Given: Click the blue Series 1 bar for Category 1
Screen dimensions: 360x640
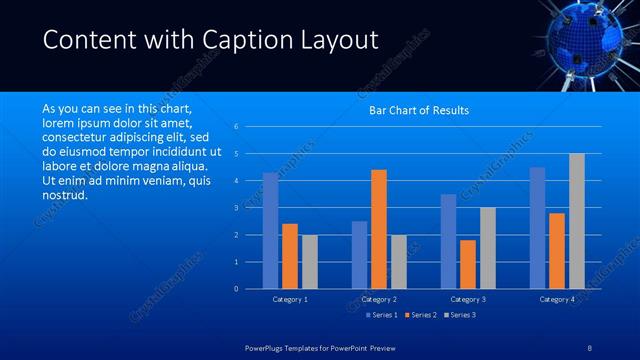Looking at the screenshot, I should pyautogui.click(x=270, y=231).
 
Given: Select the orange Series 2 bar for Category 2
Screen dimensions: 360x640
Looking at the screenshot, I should pyautogui.click(x=379, y=229).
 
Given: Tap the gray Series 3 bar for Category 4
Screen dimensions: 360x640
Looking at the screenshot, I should pyautogui.click(x=577, y=221).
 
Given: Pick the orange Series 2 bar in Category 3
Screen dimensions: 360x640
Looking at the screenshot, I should pyautogui.click(x=468, y=264).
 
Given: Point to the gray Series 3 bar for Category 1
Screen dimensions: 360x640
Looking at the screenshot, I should pyautogui.click(x=310, y=262).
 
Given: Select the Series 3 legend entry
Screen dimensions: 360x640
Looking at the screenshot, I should pyautogui.click(x=460, y=315).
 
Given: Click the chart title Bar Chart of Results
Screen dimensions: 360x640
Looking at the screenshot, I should pyautogui.click(x=419, y=110).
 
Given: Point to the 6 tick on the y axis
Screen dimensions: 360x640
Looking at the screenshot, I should pyautogui.click(x=235, y=127).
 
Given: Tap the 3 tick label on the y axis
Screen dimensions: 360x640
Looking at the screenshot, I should pyautogui.click(x=235, y=208).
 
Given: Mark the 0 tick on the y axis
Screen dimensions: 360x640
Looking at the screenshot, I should pyautogui.click(x=235, y=289).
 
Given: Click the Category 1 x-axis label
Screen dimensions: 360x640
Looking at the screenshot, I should pyautogui.click(x=290, y=299).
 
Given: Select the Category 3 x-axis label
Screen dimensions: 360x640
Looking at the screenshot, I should pyautogui.click(x=468, y=299).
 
